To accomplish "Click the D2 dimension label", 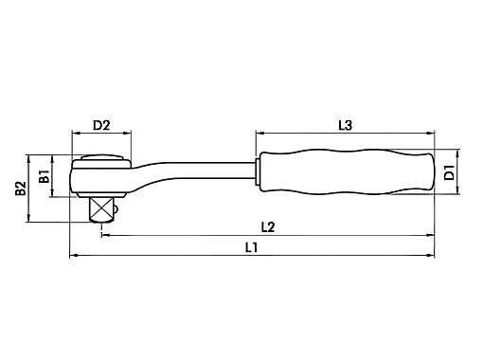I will coord(101,125).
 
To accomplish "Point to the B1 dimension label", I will coord(44,176).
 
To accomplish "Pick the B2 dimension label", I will coord(21,189).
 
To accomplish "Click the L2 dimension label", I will coord(267,226).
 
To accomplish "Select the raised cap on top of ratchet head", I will coord(102,159).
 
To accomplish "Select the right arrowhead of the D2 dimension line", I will coord(128,134).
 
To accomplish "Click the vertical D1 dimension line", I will coord(459,171).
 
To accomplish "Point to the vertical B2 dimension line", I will coord(30,189).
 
